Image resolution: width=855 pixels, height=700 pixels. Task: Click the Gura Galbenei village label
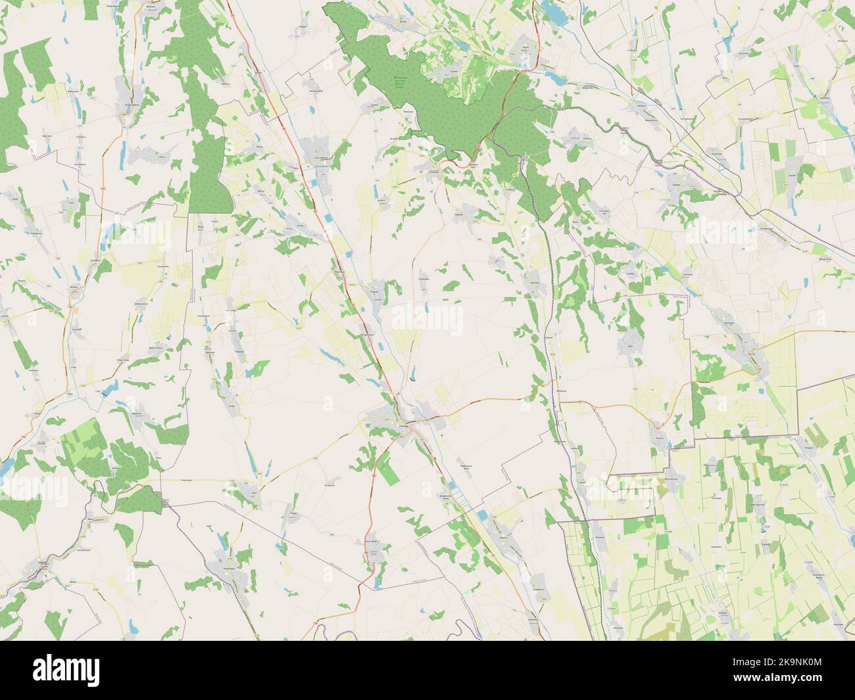click(320, 158)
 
